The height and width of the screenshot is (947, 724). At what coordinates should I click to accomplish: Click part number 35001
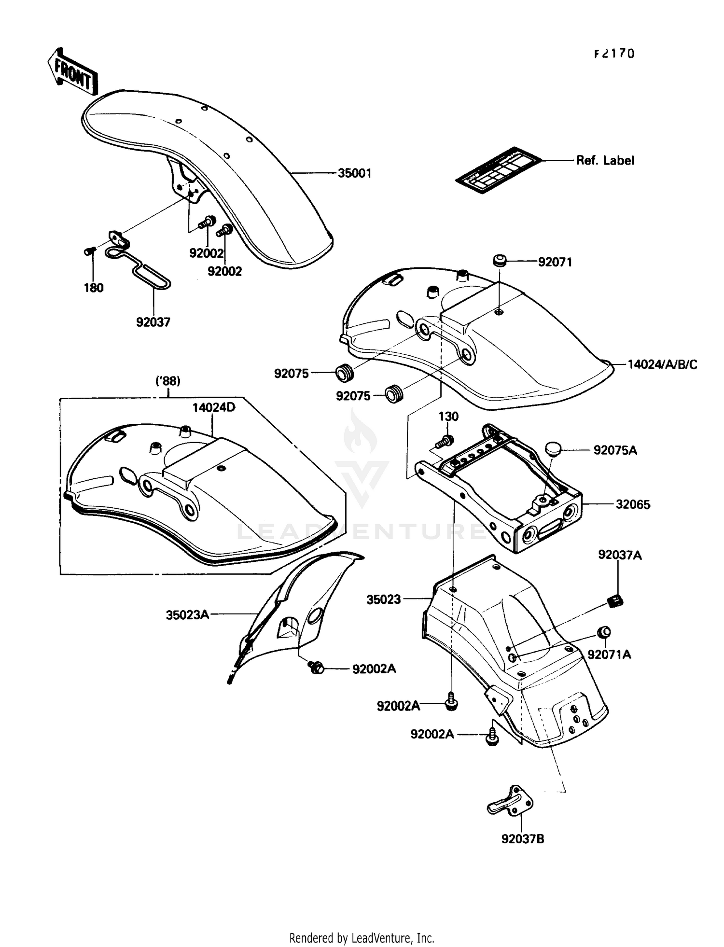(x=354, y=173)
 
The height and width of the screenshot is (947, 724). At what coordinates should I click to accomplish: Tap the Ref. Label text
(x=605, y=160)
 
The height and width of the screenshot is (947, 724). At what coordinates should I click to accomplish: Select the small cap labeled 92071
(x=499, y=261)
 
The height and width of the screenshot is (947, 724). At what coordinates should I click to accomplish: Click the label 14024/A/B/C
(x=662, y=364)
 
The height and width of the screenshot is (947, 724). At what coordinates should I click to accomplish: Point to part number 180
(x=94, y=288)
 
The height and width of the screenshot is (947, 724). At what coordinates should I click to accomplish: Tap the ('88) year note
(x=168, y=381)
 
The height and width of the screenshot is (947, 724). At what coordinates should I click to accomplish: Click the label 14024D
(x=213, y=407)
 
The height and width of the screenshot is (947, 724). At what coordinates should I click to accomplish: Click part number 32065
(x=633, y=504)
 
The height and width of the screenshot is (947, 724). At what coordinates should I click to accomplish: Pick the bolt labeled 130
(x=446, y=440)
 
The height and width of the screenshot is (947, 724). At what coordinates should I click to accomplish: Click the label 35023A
(x=187, y=615)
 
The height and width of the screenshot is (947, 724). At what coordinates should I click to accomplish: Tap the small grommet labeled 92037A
(x=615, y=601)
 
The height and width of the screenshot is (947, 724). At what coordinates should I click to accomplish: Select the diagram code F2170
(x=613, y=54)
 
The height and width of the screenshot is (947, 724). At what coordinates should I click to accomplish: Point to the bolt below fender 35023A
(x=316, y=668)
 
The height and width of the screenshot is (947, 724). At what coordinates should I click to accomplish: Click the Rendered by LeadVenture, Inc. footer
(x=362, y=938)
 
